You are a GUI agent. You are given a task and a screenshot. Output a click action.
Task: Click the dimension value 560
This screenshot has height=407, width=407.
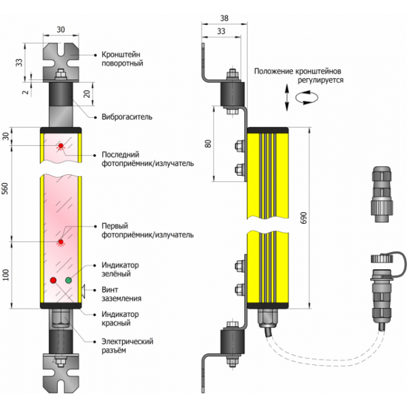[x=6, y=191]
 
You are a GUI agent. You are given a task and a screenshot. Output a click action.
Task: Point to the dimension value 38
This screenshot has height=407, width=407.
[x=225, y=19]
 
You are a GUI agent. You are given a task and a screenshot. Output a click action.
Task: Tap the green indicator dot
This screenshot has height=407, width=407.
[x=68, y=279]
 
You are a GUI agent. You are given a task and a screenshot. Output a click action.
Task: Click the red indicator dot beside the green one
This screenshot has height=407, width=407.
[x=53, y=279]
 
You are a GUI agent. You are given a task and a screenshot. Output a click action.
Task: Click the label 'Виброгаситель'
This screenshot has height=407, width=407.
[x=126, y=116]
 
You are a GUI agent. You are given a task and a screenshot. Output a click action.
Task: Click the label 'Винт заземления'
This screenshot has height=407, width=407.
[x=121, y=293]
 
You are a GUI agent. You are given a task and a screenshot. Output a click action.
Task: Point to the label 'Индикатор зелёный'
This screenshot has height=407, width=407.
[x=120, y=269]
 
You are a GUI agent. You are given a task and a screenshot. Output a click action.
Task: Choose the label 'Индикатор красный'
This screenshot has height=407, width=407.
[x=120, y=319]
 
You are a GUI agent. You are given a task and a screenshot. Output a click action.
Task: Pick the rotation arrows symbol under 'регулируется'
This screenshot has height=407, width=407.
[x=299, y=99]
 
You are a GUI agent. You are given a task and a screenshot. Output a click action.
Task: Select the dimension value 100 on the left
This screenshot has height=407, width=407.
[x=6, y=273]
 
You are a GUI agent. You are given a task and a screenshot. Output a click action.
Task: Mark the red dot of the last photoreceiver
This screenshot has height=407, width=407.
[x=60, y=147]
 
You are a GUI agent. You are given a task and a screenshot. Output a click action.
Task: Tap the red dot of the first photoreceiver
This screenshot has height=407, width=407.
[x=60, y=241]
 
